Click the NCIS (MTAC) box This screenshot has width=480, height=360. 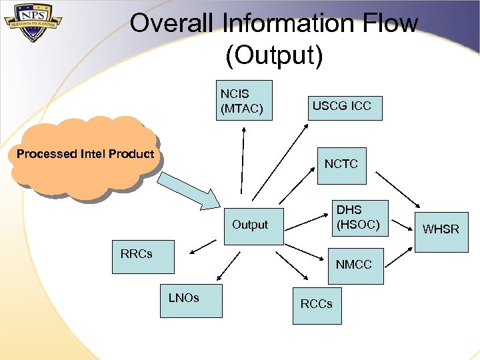(246, 101)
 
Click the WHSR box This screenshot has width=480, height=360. (441, 228)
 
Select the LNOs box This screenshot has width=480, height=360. (191, 301)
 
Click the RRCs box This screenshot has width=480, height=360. (143, 257)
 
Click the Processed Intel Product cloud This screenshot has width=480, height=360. (85, 157)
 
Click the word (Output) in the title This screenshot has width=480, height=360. (274, 55)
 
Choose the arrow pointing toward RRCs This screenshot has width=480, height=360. (203, 247)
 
